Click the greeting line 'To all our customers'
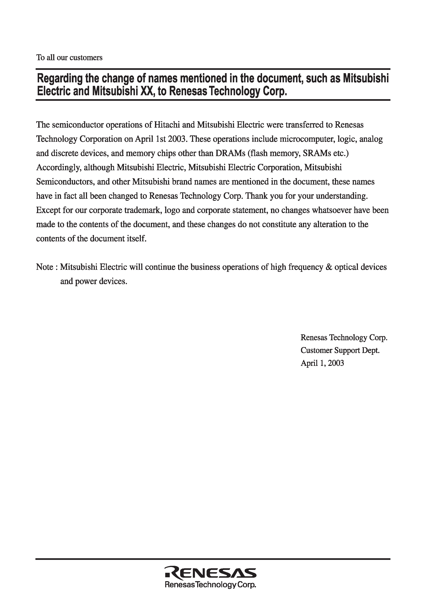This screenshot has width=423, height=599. tap(69, 58)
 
